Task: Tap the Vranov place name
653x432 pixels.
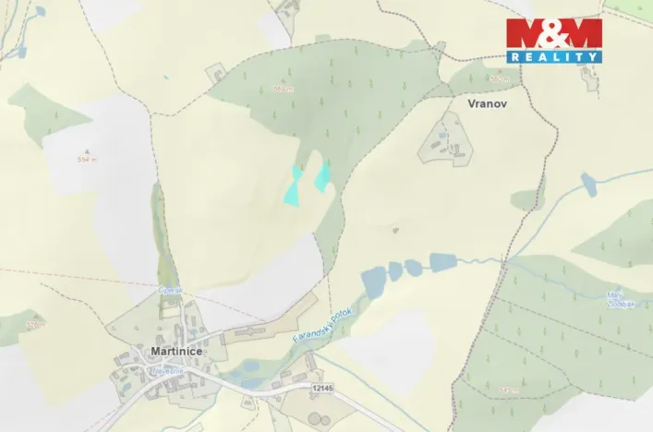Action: (x=488, y=105)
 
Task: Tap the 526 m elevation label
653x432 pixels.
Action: (x=34, y=325)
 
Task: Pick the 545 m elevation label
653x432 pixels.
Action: (x=506, y=390)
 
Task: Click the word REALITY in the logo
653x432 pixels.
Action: (x=553, y=57)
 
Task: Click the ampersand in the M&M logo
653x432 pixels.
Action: (x=553, y=33)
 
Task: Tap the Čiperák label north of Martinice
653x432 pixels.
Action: (x=169, y=290)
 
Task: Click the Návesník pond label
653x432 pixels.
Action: (x=168, y=370)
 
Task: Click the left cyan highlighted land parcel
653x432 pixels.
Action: (x=294, y=187)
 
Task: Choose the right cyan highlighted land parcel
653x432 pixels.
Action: (x=323, y=176)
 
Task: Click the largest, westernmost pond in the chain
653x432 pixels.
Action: (x=374, y=281)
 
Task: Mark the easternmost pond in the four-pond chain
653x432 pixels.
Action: (x=442, y=262)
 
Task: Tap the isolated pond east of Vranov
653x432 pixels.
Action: (x=588, y=186)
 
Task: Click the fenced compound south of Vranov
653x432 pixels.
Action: (x=447, y=141)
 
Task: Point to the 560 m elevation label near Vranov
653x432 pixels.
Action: (x=500, y=79)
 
